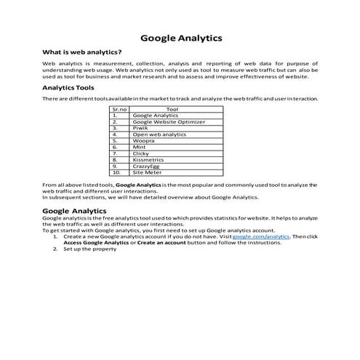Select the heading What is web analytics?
pos(82,53)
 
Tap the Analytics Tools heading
pos(73,88)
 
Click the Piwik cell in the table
pos(140,128)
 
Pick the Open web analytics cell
pos(159,135)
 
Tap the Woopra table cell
pos(143,141)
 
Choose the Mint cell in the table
pos(139,148)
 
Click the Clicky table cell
pos(140,154)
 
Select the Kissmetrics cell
pos(148,160)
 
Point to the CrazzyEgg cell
pos(148,167)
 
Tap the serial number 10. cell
pos(116,173)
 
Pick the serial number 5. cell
pos(115,141)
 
